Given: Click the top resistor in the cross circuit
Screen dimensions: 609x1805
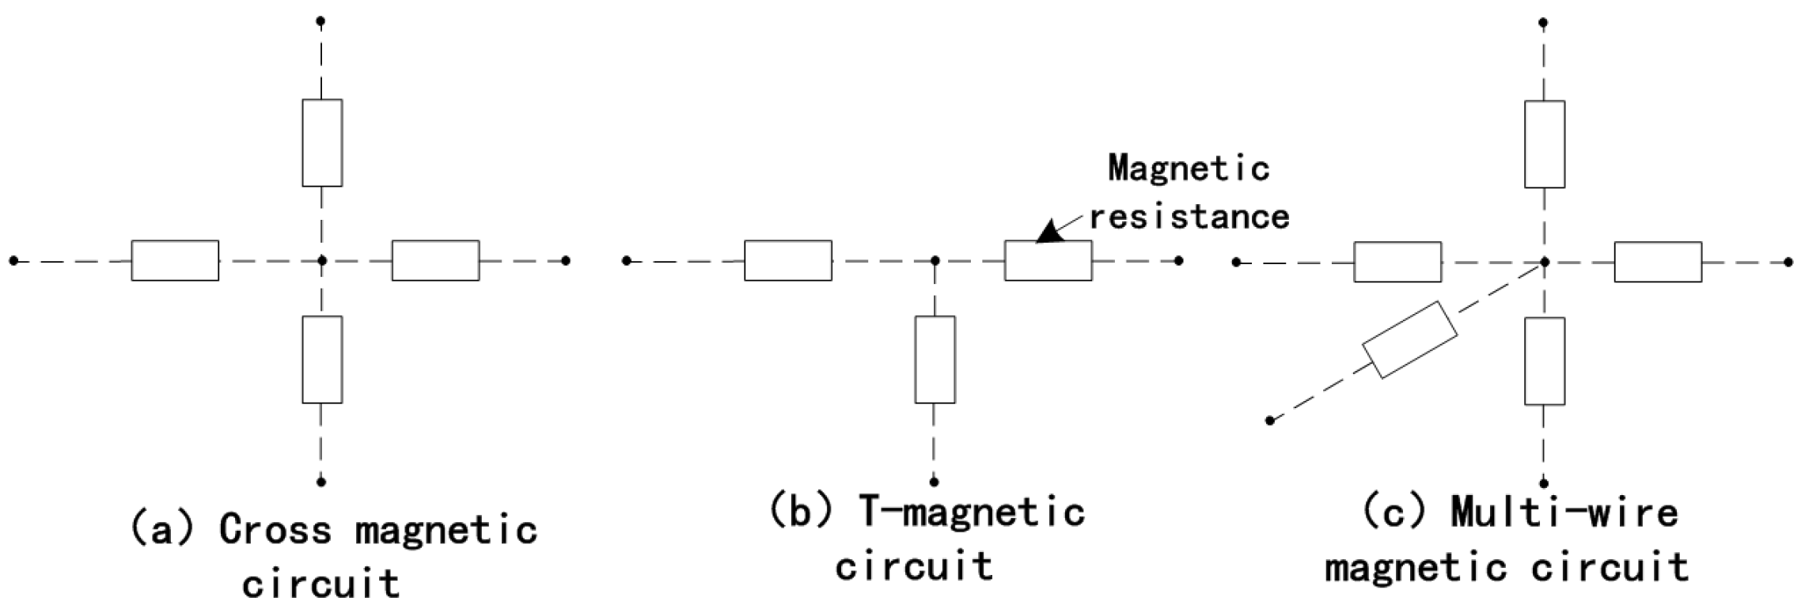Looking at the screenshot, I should pos(322,143).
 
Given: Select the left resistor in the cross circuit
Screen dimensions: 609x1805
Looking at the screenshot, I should pos(175,260).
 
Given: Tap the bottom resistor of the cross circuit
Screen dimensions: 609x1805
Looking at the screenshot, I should pos(322,360).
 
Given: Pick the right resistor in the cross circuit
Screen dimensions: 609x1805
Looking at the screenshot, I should pos(435,260).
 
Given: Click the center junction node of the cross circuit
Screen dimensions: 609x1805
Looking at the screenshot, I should pos(321,260).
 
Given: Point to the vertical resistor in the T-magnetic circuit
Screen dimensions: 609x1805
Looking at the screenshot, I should pos(935,360).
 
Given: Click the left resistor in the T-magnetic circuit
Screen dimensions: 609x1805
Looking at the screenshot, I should pos(787,260).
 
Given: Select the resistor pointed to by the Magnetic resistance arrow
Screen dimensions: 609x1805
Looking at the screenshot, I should pos(1048,260).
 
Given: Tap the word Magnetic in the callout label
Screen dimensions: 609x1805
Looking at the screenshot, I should pos(1188,168).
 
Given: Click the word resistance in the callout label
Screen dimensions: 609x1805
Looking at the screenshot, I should pos(1189,216).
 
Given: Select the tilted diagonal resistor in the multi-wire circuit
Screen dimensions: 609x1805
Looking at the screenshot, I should pos(1409,339).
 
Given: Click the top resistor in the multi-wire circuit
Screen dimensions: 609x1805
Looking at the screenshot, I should pos(1544,144).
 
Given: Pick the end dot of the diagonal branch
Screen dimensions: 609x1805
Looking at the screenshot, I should pos(1269,420).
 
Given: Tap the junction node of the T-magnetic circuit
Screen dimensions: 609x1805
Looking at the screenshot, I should pos(935,260).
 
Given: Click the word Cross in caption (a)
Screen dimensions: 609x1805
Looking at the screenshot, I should pos(275,530).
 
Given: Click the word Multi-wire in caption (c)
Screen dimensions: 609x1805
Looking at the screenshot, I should pos(1564,513).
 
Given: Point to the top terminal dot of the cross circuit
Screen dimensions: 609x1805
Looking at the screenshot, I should pos(320,21).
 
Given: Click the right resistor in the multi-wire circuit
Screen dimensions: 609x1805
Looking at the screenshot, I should pos(1658,262).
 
